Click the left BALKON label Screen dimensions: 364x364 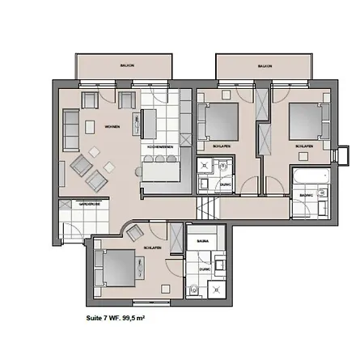[125, 66]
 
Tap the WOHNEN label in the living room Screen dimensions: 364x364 [112, 126]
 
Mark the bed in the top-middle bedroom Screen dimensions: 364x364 [219, 123]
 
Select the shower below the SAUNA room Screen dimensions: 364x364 [218, 286]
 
